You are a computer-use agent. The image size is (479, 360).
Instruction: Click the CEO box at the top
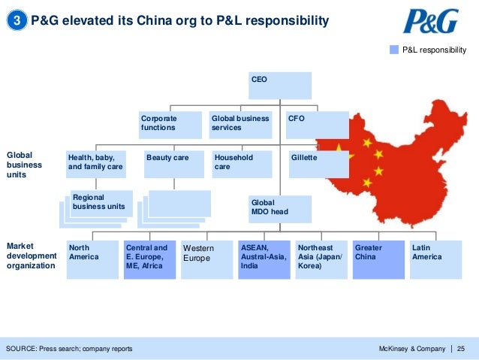pyautogui.click(x=280, y=85)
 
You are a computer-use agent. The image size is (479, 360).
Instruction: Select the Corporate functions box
pyautogui.click(x=171, y=125)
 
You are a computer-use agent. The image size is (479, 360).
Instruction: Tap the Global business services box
pyautogui.click(x=239, y=125)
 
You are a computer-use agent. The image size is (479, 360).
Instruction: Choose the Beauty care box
pyautogui.click(x=173, y=164)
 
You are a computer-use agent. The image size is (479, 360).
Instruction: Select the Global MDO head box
pyautogui.click(x=279, y=209)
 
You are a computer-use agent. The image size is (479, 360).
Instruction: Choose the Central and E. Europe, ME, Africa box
pyautogui.click(x=149, y=260)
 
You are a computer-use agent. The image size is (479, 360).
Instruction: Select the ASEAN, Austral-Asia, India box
pyautogui.click(x=264, y=260)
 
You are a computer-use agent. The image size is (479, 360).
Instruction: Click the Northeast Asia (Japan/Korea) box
pyautogui.click(x=321, y=260)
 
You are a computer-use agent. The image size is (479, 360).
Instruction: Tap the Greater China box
pyautogui.click(x=378, y=260)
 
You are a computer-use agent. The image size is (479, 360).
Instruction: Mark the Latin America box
pyautogui.click(x=435, y=260)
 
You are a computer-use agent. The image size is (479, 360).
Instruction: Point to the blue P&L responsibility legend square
pyautogui.click(x=393, y=50)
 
